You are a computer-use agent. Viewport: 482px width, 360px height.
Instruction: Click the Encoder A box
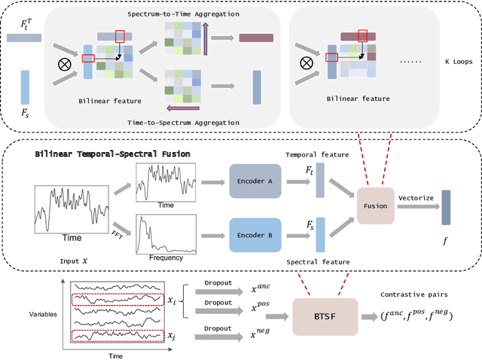(x=255, y=182)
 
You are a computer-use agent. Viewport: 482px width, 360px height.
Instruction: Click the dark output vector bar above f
(x=446, y=208)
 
